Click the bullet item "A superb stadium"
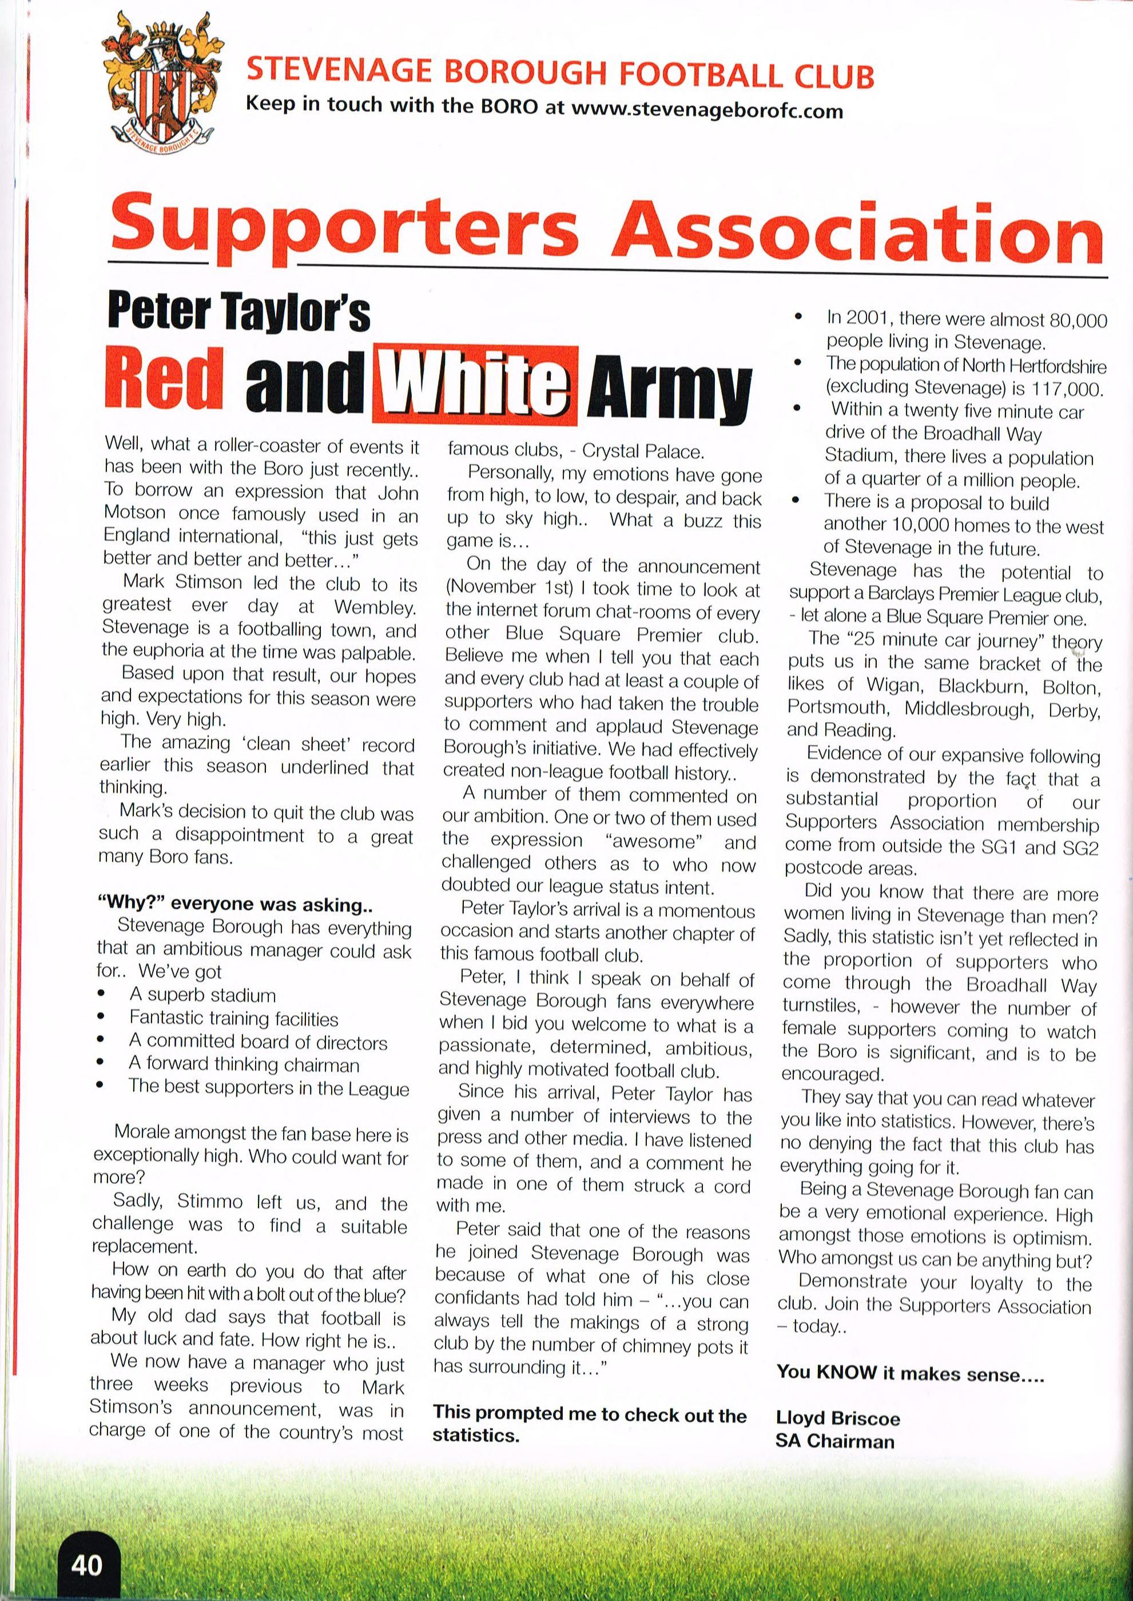(202, 994)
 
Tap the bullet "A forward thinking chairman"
(244, 1065)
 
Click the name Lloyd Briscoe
(837, 1417)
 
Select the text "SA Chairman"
(834, 1440)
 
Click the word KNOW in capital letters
(847, 1372)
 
